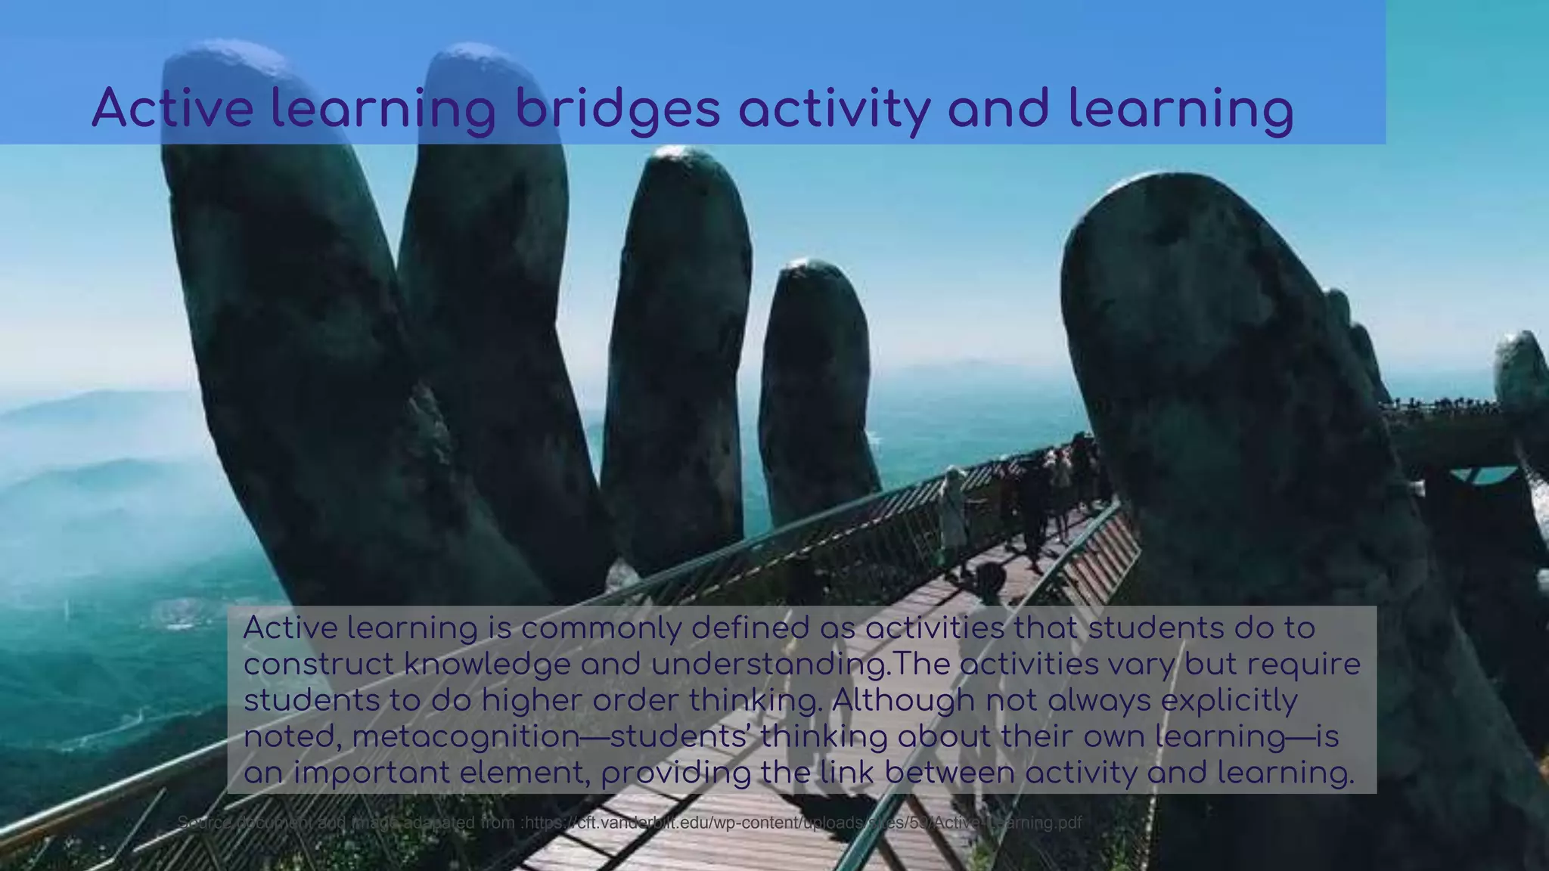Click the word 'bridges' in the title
point(617,109)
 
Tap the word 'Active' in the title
point(172,107)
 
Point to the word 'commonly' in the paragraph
point(601,629)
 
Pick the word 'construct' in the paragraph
point(318,665)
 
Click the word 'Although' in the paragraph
point(903,701)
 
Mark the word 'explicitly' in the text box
point(1229,701)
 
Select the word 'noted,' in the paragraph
point(292,737)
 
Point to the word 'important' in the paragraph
point(371,773)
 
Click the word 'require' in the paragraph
point(1303,665)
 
